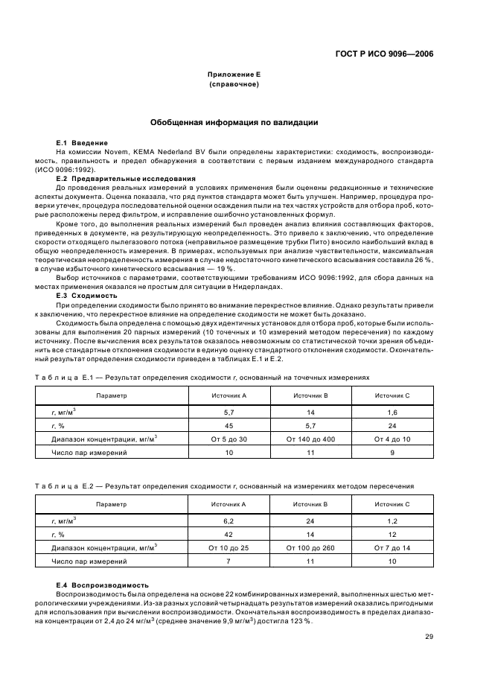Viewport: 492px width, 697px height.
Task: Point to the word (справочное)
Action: point(234,85)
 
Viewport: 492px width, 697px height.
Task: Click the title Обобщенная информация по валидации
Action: point(234,122)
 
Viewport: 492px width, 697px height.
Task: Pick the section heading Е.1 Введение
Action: point(82,142)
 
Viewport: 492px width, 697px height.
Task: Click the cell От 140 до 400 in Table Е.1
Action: point(311,439)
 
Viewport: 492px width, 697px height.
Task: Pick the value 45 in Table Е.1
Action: point(229,425)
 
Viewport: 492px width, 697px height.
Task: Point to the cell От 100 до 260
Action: point(311,547)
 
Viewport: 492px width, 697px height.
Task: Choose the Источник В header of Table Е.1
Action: point(311,396)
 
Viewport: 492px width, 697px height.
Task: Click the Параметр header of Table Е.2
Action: point(112,504)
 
